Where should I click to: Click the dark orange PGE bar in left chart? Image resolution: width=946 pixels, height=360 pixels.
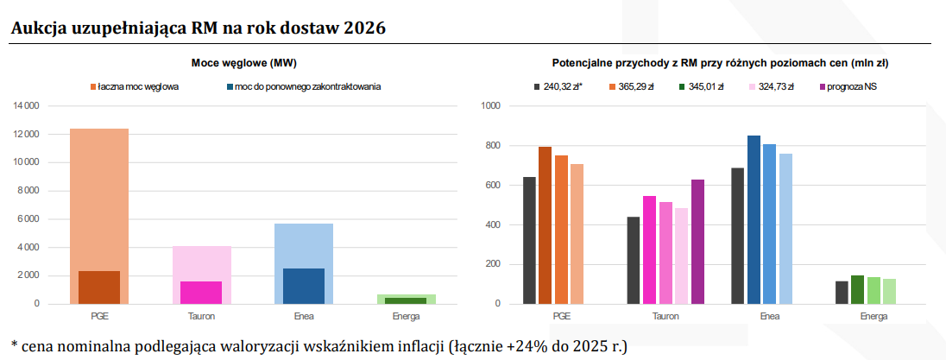(x=99, y=287)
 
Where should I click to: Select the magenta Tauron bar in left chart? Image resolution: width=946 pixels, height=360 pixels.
(x=201, y=293)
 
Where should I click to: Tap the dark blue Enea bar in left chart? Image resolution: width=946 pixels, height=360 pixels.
(x=304, y=286)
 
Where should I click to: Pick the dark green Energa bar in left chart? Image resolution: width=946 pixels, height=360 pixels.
(x=406, y=300)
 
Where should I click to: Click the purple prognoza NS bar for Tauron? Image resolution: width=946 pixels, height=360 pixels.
(x=697, y=242)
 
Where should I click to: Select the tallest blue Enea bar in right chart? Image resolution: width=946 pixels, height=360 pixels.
(x=754, y=219)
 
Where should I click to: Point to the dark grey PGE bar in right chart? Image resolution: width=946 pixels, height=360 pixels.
(x=529, y=240)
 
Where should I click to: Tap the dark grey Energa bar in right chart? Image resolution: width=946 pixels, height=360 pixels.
(x=842, y=293)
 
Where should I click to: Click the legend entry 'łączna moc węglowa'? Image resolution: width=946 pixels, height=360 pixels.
(x=138, y=87)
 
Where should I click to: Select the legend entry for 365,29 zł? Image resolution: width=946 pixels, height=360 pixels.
(x=632, y=87)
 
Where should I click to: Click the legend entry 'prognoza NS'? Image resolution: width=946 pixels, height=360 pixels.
(x=851, y=87)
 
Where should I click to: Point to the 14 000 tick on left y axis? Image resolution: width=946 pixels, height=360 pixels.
(x=26, y=106)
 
